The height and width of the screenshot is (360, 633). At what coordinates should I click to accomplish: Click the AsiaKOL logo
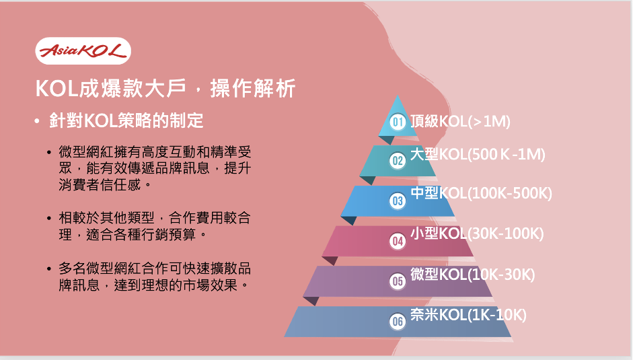[x=83, y=51]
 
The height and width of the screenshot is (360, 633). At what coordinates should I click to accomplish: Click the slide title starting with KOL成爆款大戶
[x=165, y=88]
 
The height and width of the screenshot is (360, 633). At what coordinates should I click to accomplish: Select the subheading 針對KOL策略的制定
[x=126, y=120]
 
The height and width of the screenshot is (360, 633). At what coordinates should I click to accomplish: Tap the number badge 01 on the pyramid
[x=398, y=122]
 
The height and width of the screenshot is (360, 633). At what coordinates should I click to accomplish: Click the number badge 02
[x=398, y=160]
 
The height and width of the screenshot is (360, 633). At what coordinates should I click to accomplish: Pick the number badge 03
[x=398, y=201]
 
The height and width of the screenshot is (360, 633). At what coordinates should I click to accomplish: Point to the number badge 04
[x=398, y=241]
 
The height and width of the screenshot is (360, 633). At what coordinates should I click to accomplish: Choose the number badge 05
[x=398, y=281]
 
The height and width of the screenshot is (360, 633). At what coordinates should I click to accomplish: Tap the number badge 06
[x=398, y=321]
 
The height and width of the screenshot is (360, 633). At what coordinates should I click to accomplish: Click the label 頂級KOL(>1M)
[x=460, y=121]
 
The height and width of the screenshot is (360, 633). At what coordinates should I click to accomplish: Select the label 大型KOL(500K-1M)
[x=478, y=154]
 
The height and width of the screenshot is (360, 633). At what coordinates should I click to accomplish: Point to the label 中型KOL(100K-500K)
[x=481, y=193]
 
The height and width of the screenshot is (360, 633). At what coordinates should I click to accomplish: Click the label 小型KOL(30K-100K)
[x=477, y=233]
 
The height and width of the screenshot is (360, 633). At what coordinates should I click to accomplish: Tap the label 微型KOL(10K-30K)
[x=472, y=275]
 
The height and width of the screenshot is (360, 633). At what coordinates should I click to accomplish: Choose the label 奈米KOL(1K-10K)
[x=468, y=315]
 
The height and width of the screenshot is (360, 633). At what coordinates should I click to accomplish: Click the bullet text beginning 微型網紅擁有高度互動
[x=155, y=168]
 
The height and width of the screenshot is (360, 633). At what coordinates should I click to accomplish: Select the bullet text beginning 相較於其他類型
[x=155, y=226]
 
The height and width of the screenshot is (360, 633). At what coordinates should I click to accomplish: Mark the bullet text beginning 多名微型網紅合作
[x=155, y=277]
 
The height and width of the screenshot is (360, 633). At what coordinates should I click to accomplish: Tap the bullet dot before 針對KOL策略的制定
[x=38, y=121]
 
